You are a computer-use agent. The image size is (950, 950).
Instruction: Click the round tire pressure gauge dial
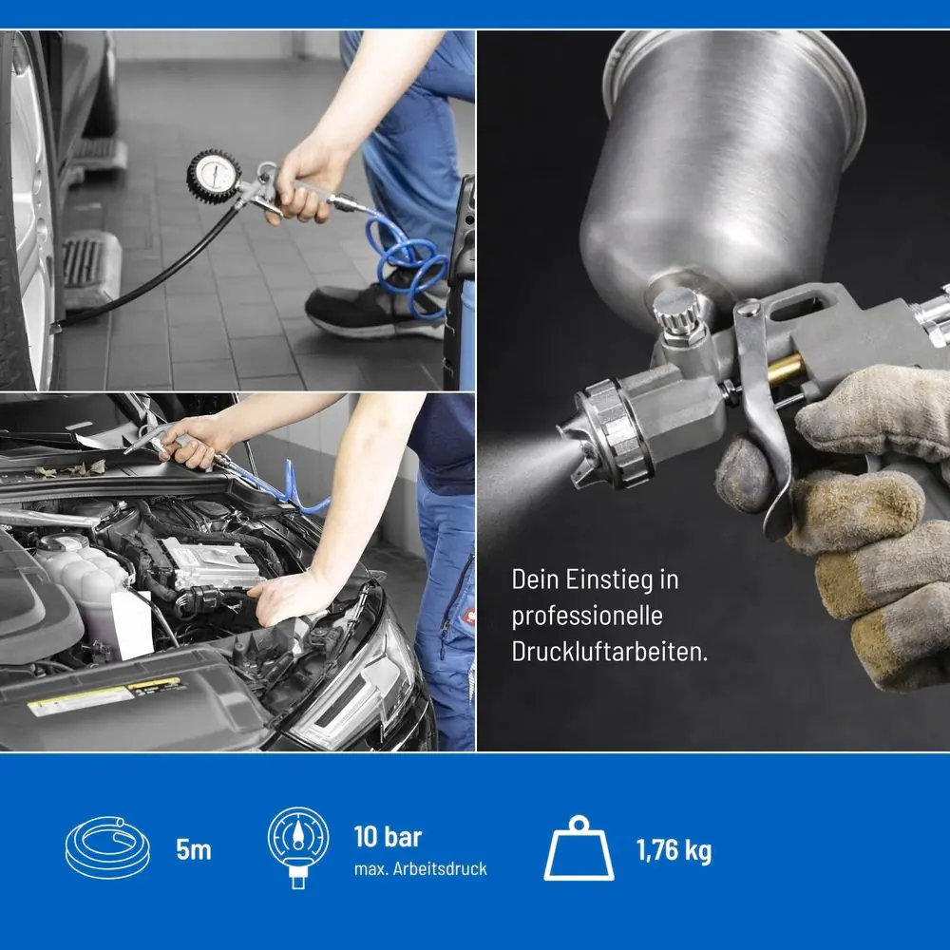(213, 176)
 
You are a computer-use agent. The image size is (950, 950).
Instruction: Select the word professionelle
(587, 617)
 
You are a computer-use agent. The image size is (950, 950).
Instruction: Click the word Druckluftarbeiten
(610, 652)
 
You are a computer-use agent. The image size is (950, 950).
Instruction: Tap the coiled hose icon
(108, 847)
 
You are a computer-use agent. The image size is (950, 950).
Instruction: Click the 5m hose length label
(194, 850)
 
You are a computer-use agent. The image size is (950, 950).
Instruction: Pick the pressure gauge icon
(298, 847)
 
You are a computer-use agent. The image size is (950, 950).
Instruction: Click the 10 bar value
(388, 837)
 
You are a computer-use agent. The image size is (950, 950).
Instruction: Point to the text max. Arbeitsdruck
(421, 869)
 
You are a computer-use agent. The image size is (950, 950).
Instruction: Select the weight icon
(579, 848)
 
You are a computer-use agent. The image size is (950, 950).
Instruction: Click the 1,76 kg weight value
(674, 850)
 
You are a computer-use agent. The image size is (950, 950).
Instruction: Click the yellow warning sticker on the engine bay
(106, 695)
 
